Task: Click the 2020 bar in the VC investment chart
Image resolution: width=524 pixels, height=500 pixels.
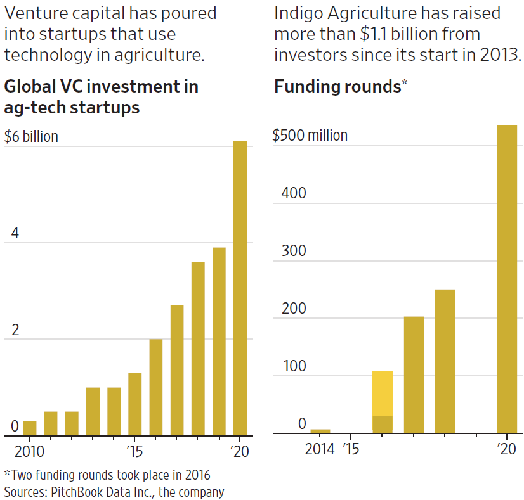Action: pos(240,288)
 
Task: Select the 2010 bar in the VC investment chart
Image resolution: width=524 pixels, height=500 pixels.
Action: pos(30,428)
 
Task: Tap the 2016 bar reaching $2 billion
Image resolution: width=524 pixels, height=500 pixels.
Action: pos(155,387)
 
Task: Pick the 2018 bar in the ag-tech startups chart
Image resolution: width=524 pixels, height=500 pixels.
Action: pos(198,349)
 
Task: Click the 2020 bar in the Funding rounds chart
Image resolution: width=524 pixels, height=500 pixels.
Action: pos(507,279)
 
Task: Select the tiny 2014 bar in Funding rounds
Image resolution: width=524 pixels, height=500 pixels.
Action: pos(320,432)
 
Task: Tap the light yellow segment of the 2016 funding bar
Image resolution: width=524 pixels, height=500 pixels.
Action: pos(383,393)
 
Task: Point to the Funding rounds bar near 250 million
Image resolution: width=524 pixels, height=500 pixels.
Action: pos(445,361)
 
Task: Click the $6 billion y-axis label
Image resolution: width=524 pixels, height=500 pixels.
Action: pos(31,137)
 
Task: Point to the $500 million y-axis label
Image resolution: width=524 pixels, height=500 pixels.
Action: pos(310,136)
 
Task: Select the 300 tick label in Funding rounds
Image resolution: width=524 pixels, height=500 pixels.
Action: pos(294,251)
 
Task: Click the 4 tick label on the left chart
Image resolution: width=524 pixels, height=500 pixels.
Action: pos(15,234)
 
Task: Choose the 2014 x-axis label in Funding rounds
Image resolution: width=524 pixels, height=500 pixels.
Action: pos(320,449)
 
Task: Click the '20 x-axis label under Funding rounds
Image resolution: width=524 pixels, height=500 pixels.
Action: pos(507,449)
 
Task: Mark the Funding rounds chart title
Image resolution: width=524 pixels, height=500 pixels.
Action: pos(337,87)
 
